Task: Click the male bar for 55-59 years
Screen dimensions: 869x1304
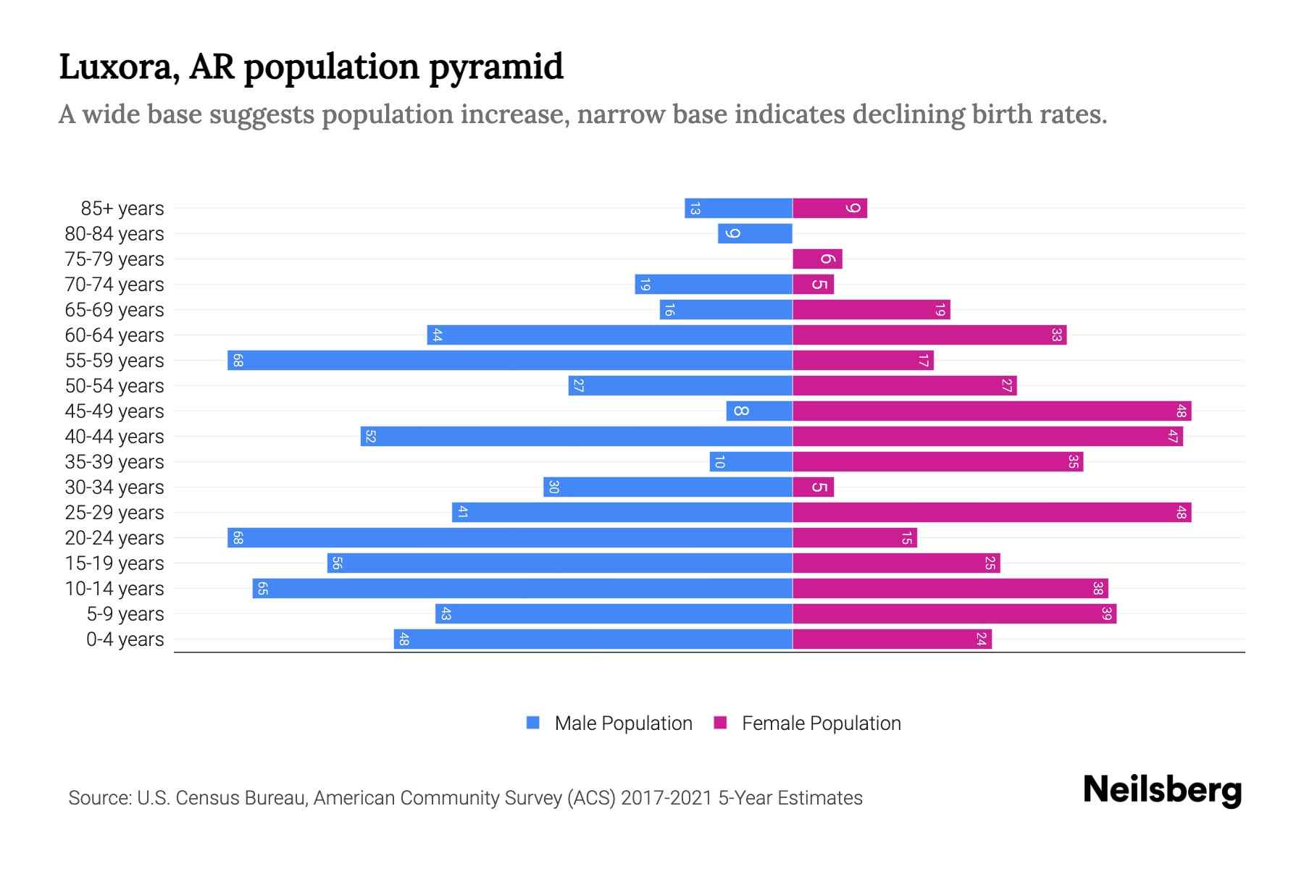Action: pyautogui.click(x=509, y=360)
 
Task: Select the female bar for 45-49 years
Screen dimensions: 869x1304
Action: pyautogui.click(x=991, y=411)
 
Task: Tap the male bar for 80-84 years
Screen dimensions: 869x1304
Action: pyautogui.click(x=755, y=233)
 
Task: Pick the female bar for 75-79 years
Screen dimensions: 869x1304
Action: pyautogui.click(x=817, y=259)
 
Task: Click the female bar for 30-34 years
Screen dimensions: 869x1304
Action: pyautogui.click(x=813, y=487)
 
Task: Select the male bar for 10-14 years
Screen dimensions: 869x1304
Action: pyautogui.click(x=522, y=588)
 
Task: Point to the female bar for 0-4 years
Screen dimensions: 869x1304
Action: pyautogui.click(x=891, y=639)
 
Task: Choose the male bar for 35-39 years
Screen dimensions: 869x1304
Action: pyautogui.click(x=751, y=461)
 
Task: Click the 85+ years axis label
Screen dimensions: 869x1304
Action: pyautogui.click(x=122, y=209)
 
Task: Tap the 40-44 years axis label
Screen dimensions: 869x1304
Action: pyautogui.click(x=114, y=437)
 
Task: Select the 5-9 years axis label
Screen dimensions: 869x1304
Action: pyautogui.click(x=125, y=614)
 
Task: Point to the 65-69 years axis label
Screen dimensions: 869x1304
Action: pyautogui.click(x=114, y=310)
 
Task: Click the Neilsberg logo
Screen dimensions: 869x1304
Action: pyautogui.click(x=1161, y=790)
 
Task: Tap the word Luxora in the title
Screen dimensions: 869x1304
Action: pyautogui.click(x=119, y=67)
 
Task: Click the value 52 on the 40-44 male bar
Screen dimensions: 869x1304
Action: pyautogui.click(x=370, y=437)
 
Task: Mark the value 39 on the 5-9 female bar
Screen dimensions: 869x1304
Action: pyautogui.click(x=1106, y=613)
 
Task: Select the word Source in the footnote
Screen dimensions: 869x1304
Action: pyautogui.click(x=99, y=798)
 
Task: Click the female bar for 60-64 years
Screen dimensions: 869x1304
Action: pyautogui.click(x=929, y=335)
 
